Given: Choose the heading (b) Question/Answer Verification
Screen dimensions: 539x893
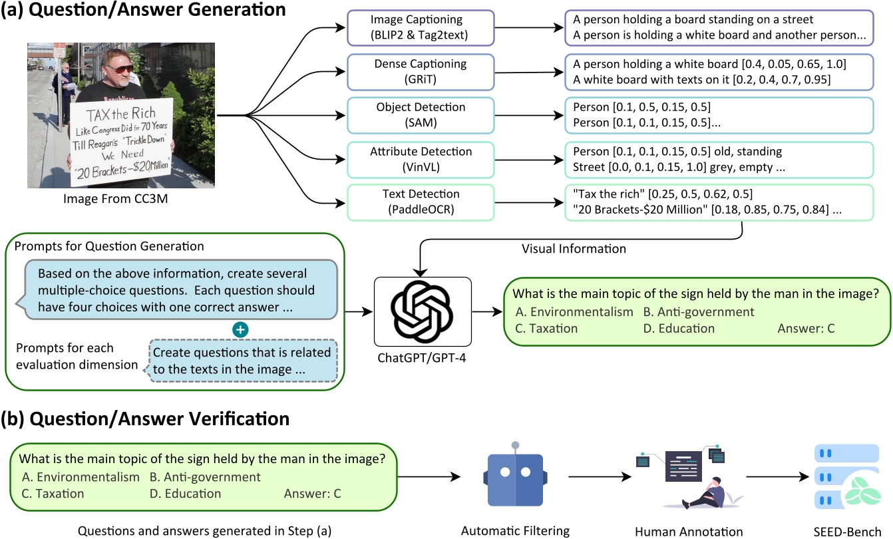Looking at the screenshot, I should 146,419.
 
